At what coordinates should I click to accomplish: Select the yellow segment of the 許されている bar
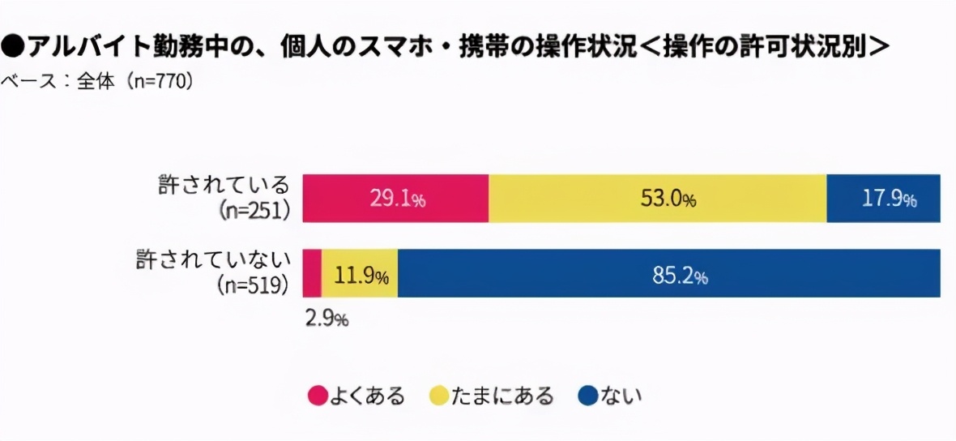click(567, 198)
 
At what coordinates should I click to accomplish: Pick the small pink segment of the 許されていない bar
click(312, 273)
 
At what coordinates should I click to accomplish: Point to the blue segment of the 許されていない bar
click(567, 273)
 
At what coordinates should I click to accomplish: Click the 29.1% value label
click(396, 199)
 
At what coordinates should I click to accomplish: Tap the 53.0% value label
click(667, 199)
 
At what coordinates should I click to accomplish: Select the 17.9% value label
click(889, 199)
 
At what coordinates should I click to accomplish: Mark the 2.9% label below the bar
click(326, 319)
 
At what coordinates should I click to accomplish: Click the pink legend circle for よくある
click(318, 396)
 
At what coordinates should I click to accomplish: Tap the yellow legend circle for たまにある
click(439, 396)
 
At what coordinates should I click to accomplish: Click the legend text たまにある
click(501, 396)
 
